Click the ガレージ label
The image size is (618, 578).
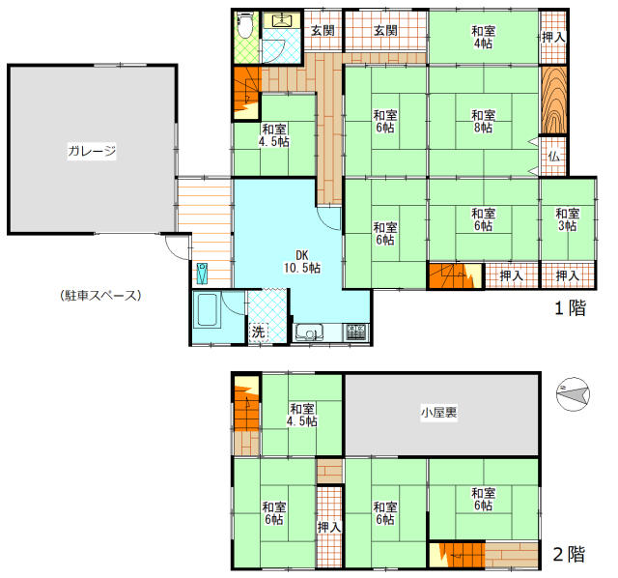point(92,151)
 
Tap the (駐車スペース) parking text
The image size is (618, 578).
point(93,296)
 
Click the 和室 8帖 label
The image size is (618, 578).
point(484,121)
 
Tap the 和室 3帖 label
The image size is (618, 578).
point(567,219)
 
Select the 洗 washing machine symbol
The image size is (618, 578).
point(258,332)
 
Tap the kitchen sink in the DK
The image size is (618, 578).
point(309,333)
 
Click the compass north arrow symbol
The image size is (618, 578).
point(571,393)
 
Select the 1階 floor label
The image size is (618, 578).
point(569,309)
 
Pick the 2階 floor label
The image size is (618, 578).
point(568,555)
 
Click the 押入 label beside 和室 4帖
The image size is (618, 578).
point(553,36)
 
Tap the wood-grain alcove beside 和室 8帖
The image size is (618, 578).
point(553,100)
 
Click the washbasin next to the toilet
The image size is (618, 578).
point(283,20)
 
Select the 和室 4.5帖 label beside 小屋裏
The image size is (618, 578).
point(302,415)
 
